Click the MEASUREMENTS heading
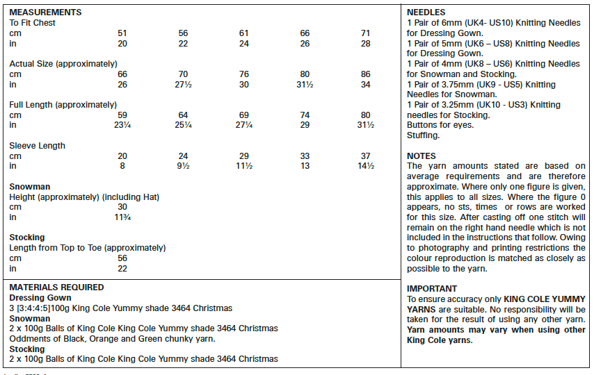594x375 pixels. tap(45, 12)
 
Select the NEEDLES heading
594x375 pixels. tap(426, 12)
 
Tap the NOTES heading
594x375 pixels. tap(422, 156)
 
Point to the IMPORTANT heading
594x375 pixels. tap(432, 288)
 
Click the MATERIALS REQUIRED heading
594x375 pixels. tap(57, 287)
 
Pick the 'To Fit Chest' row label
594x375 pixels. tap(33, 23)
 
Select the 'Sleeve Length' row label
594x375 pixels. tap(38, 146)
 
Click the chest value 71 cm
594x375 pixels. tap(366, 33)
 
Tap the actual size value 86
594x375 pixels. tap(366, 74)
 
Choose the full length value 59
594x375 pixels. tap(122, 115)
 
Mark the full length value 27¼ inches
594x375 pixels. tap(244, 126)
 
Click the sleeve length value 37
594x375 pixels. tap(366, 156)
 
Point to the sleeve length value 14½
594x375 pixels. tap(366, 167)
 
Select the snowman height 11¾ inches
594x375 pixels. tap(122, 217)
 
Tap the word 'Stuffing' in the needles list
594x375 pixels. tap(423, 135)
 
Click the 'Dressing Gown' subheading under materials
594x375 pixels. tap(40, 297)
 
